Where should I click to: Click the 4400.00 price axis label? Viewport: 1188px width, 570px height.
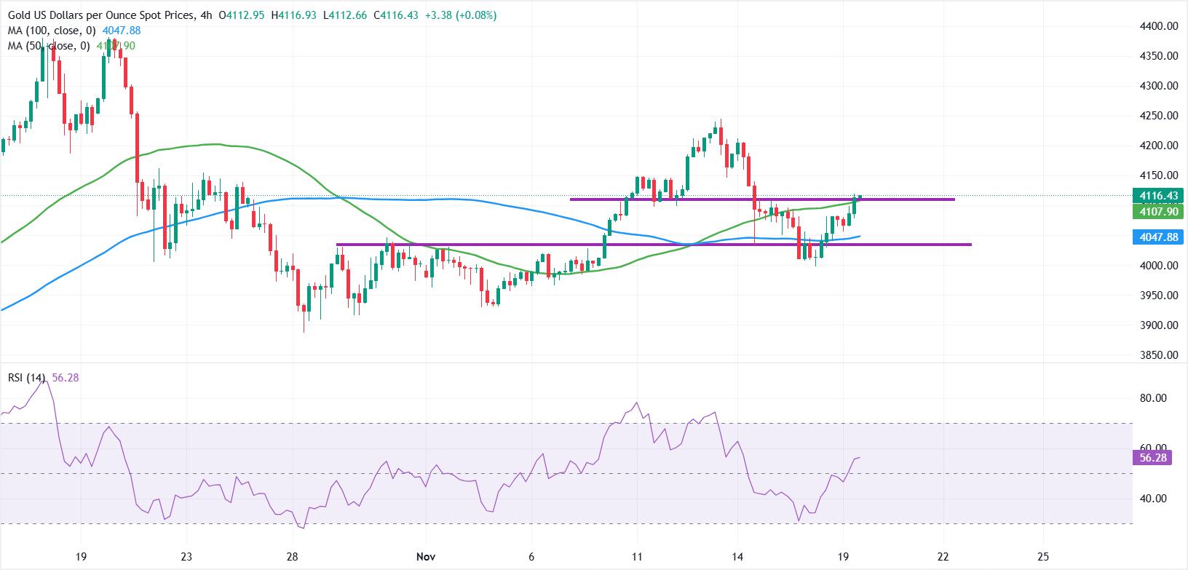[1157, 26]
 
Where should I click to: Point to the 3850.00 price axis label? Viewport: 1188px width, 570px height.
[1157, 355]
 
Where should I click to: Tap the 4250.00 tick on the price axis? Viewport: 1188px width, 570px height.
[1157, 116]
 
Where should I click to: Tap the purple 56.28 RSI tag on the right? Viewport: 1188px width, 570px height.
[1152, 458]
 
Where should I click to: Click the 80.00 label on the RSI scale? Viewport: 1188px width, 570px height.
[1152, 398]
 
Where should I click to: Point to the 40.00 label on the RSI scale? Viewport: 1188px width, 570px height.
[1152, 499]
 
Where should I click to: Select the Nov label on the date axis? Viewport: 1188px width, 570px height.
[425, 557]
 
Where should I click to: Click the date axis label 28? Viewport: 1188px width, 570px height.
[293, 557]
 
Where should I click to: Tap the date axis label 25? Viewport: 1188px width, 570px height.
[1043, 557]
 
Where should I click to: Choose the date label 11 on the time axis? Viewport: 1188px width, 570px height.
[637, 557]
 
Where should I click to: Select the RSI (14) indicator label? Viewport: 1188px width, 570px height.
[27, 378]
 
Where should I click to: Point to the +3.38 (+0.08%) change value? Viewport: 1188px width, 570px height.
[459, 15]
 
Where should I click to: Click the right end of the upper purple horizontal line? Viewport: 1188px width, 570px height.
[954, 199]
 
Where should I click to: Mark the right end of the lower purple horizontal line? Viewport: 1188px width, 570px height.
[970, 245]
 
